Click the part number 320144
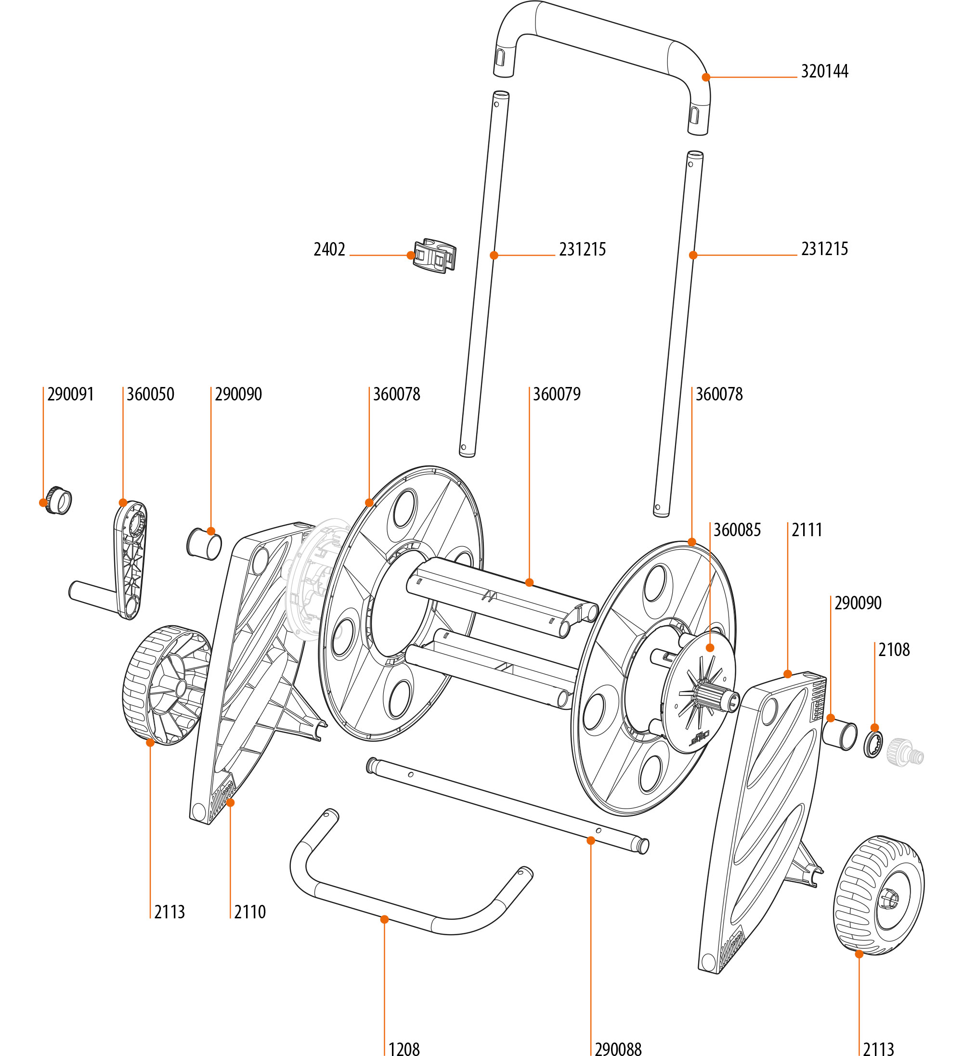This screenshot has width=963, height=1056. (x=824, y=71)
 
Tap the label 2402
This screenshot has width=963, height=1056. (x=329, y=249)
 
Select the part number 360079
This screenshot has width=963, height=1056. (x=557, y=394)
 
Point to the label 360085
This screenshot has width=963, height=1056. (x=737, y=530)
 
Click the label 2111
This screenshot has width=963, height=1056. (x=807, y=530)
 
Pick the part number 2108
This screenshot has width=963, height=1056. (x=894, y=650)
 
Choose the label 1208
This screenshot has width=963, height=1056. (x=404, y=1048)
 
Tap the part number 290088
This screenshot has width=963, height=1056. (x=618, y=1048)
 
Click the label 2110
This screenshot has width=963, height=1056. (x=249, y=912)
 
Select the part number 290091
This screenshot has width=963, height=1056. (x=70, y=394)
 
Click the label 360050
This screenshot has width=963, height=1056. (x=150, y=394)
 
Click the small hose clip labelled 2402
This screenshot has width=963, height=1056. (x=434, y=256)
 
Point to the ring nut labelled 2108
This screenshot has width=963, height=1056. (x=873, y=744)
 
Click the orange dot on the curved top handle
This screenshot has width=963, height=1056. (x=706, y=77)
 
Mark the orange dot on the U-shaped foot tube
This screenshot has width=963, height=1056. (x=384, y=919)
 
